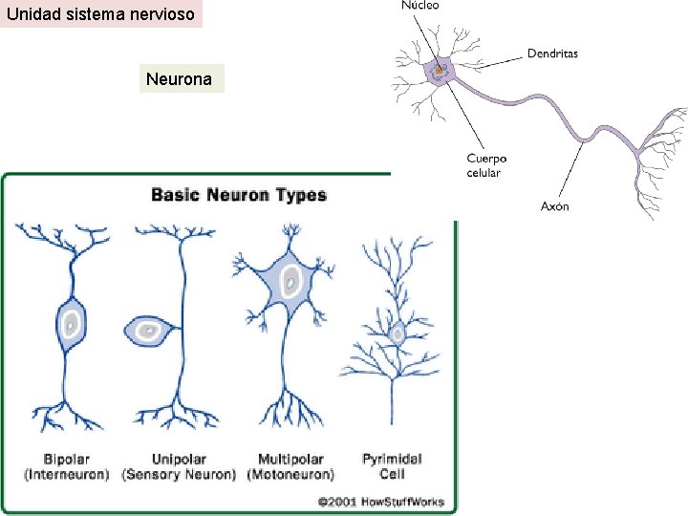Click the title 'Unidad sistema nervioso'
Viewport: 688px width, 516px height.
100,14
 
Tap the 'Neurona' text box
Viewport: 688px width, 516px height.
180,79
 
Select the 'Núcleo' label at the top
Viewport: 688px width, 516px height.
419,6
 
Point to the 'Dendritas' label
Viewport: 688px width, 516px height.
552,54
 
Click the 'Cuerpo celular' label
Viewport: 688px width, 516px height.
486,165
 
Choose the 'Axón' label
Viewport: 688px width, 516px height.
555,205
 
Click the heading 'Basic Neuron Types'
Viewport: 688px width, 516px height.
239,195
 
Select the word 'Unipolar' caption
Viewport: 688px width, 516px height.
179,460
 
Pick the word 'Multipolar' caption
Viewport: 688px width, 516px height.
290,460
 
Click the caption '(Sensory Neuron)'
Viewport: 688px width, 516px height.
179,474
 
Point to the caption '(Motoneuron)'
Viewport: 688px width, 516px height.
290,474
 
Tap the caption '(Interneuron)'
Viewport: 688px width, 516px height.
67,474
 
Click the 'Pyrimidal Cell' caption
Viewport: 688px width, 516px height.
392,466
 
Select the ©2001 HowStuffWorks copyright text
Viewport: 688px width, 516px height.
380,501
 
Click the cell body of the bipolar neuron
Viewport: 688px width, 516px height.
69,324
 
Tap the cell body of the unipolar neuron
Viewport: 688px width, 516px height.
147,331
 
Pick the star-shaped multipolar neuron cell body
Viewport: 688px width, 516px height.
288,283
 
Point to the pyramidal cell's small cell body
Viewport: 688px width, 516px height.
397,333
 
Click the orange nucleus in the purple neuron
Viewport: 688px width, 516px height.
440,69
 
